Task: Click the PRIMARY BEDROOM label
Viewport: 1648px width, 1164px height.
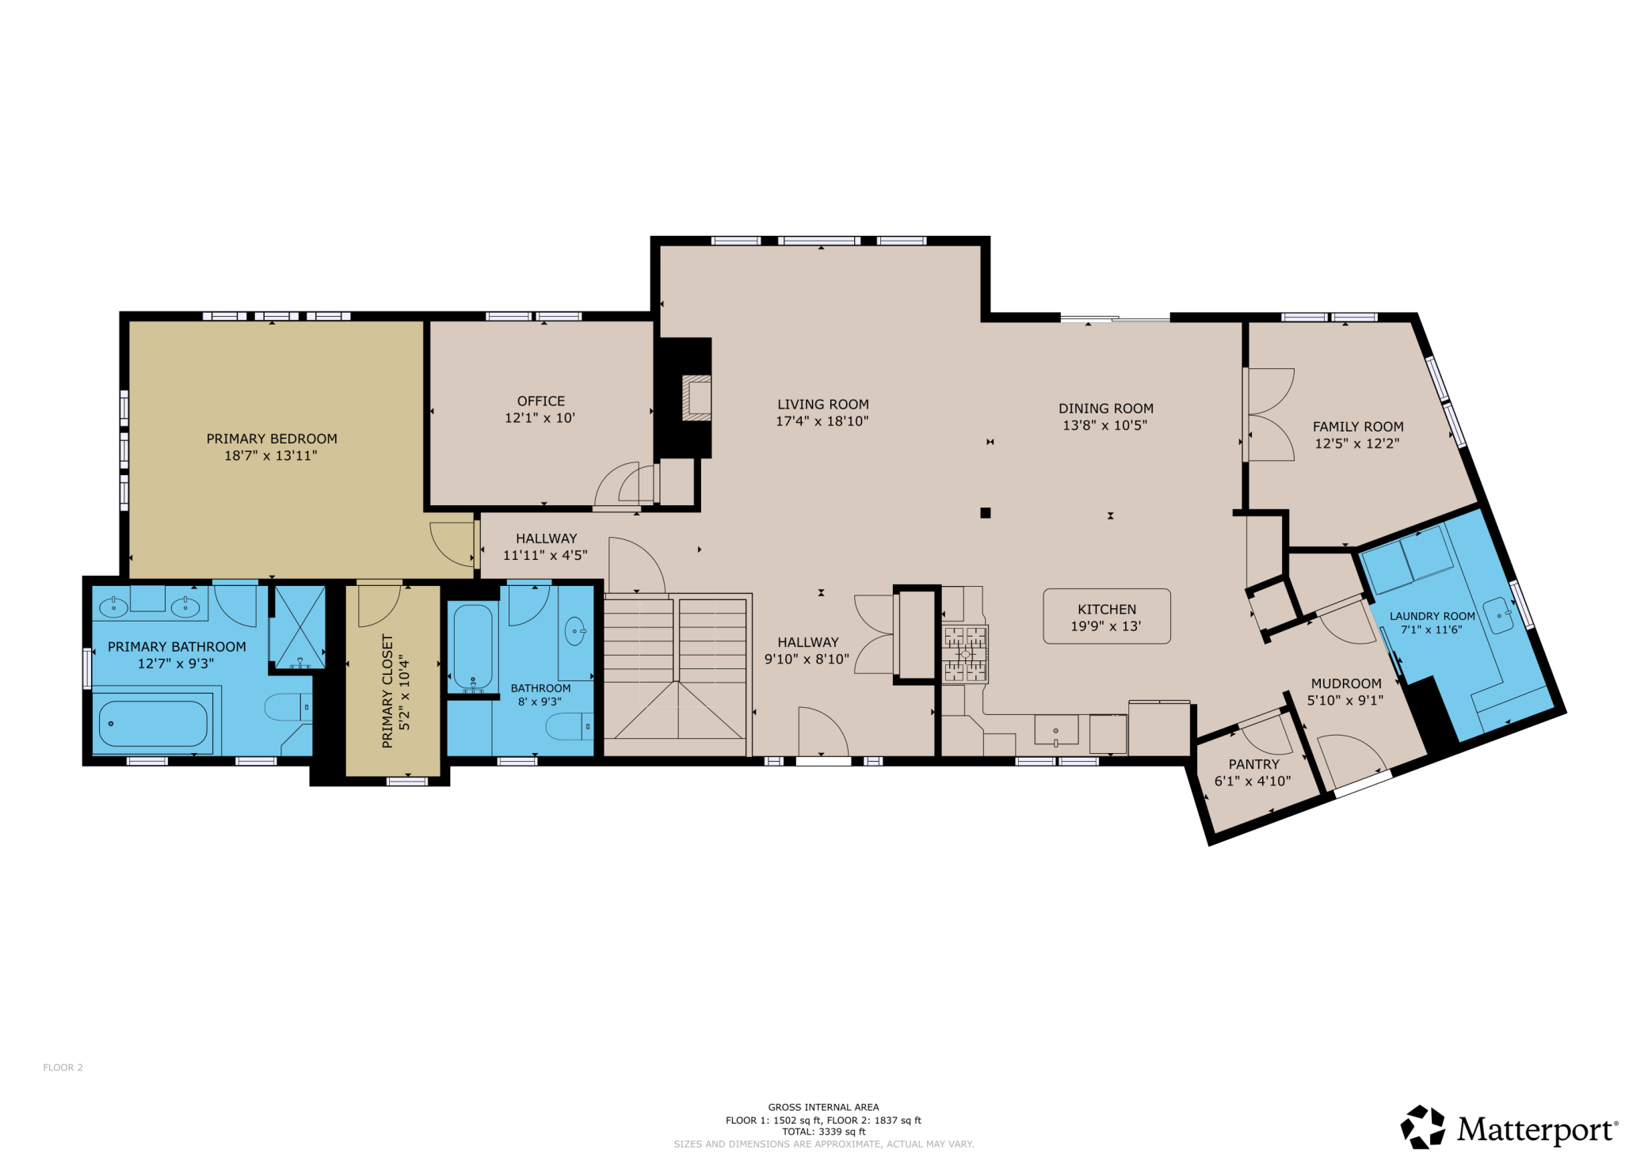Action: tap(272, 439)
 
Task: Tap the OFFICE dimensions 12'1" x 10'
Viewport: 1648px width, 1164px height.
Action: tap(540, 418)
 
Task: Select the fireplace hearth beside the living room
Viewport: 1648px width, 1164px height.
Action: tap(697, 398)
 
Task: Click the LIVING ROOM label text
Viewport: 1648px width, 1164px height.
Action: tap(822, 405)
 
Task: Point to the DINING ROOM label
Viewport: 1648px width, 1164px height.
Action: tap(1105, 409)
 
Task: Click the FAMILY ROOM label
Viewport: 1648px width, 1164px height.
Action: tap(1357, 427)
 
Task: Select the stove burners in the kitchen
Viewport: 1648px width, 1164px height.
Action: tap(965, 654)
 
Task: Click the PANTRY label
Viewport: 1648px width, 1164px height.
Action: tap(1253, 764)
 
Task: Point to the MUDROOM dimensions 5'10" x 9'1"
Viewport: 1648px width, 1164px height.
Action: tap(1345, 700)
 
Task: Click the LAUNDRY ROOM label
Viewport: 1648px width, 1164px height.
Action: tap(1432, 616)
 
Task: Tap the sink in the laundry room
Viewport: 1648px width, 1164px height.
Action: tap(1498, 615)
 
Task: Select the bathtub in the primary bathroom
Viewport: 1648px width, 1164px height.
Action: tap(153, 724)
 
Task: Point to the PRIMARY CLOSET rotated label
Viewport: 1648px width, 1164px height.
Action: tap(387, 690)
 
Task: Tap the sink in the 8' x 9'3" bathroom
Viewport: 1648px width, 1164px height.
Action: tap(574, 631)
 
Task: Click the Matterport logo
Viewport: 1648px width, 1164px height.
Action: tap(1509, 1128)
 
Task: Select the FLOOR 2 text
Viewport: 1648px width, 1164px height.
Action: tap(63, 1067)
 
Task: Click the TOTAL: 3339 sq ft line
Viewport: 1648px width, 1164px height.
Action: tap(823, 1132)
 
